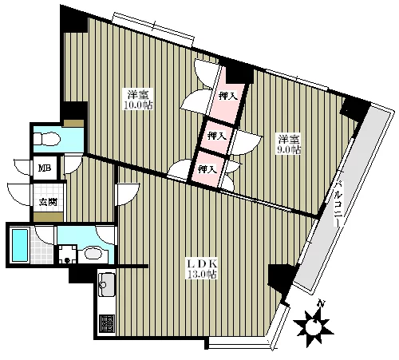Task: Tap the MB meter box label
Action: pyautogui.click(x=45, y=168)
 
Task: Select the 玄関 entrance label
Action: pyautogui.click(x=48, y=202)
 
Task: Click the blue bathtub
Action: pyautogui.click(x=20, y=245)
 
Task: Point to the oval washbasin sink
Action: pyautogui.click(x=93, y=253)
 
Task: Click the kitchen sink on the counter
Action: pyautogui.click(x=107, y=285)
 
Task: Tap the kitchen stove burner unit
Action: pyautogui.click(x=107, y=323)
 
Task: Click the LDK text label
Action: pyautogui.click(x=203, y=264)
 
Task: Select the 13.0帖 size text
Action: pyautogui.click(x=202, y=275)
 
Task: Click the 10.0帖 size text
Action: pyautogui.click(x=138, y=105)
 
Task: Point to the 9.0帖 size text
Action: pyautogui.click(x=289, y=149)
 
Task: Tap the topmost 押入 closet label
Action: pyautogui.click(x=227, y=96)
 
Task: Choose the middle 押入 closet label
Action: pyautogui.click(x=217, y=136)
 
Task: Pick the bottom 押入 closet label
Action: pyautogui.click(x=207, y=169)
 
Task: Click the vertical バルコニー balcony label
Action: pyautogui.click(x=338, y=204)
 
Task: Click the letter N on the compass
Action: pyautogui.click(x=322, y=303)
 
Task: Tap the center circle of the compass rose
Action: pyautogui.click(x=314, y=326)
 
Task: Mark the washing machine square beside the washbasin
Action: pyautogui.click(x=68, y=255)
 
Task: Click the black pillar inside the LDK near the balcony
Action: pyautogui.click(x=282, y=278)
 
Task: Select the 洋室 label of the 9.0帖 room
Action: pyautogui.click(x=289, y=139)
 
